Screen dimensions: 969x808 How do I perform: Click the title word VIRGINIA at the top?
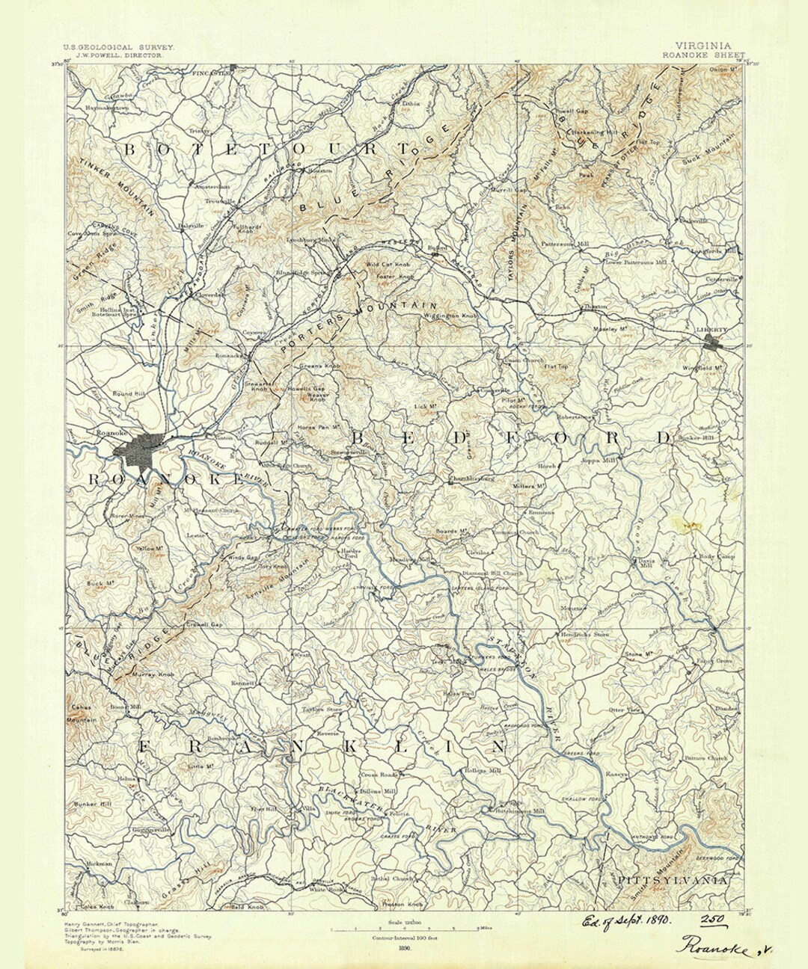704,46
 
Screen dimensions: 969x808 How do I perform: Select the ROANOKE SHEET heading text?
703,55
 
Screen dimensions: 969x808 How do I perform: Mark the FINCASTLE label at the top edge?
211,73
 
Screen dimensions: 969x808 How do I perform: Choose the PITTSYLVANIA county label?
673,882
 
